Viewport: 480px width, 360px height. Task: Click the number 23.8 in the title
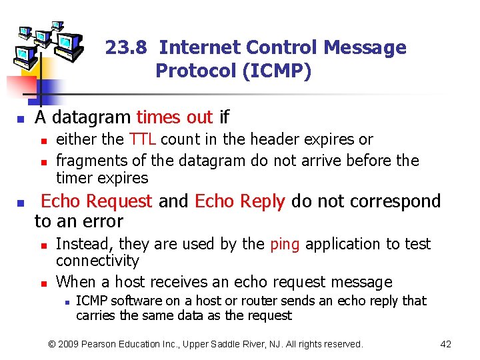129,48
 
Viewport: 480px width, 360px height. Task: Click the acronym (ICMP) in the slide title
277,71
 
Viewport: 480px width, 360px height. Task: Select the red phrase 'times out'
174,117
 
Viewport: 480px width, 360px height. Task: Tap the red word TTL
143,139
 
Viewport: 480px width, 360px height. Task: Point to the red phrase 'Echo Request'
97,201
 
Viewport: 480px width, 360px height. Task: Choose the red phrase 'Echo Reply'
239,201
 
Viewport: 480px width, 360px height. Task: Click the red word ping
285,244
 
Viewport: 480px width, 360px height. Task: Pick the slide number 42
446,344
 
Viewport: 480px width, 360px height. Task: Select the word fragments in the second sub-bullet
85,161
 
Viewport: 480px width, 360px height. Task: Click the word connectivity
97,261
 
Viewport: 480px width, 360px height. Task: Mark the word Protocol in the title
196,71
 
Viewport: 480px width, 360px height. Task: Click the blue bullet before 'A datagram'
21,120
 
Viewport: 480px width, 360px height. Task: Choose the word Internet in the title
200,48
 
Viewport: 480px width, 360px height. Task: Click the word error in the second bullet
103,221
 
